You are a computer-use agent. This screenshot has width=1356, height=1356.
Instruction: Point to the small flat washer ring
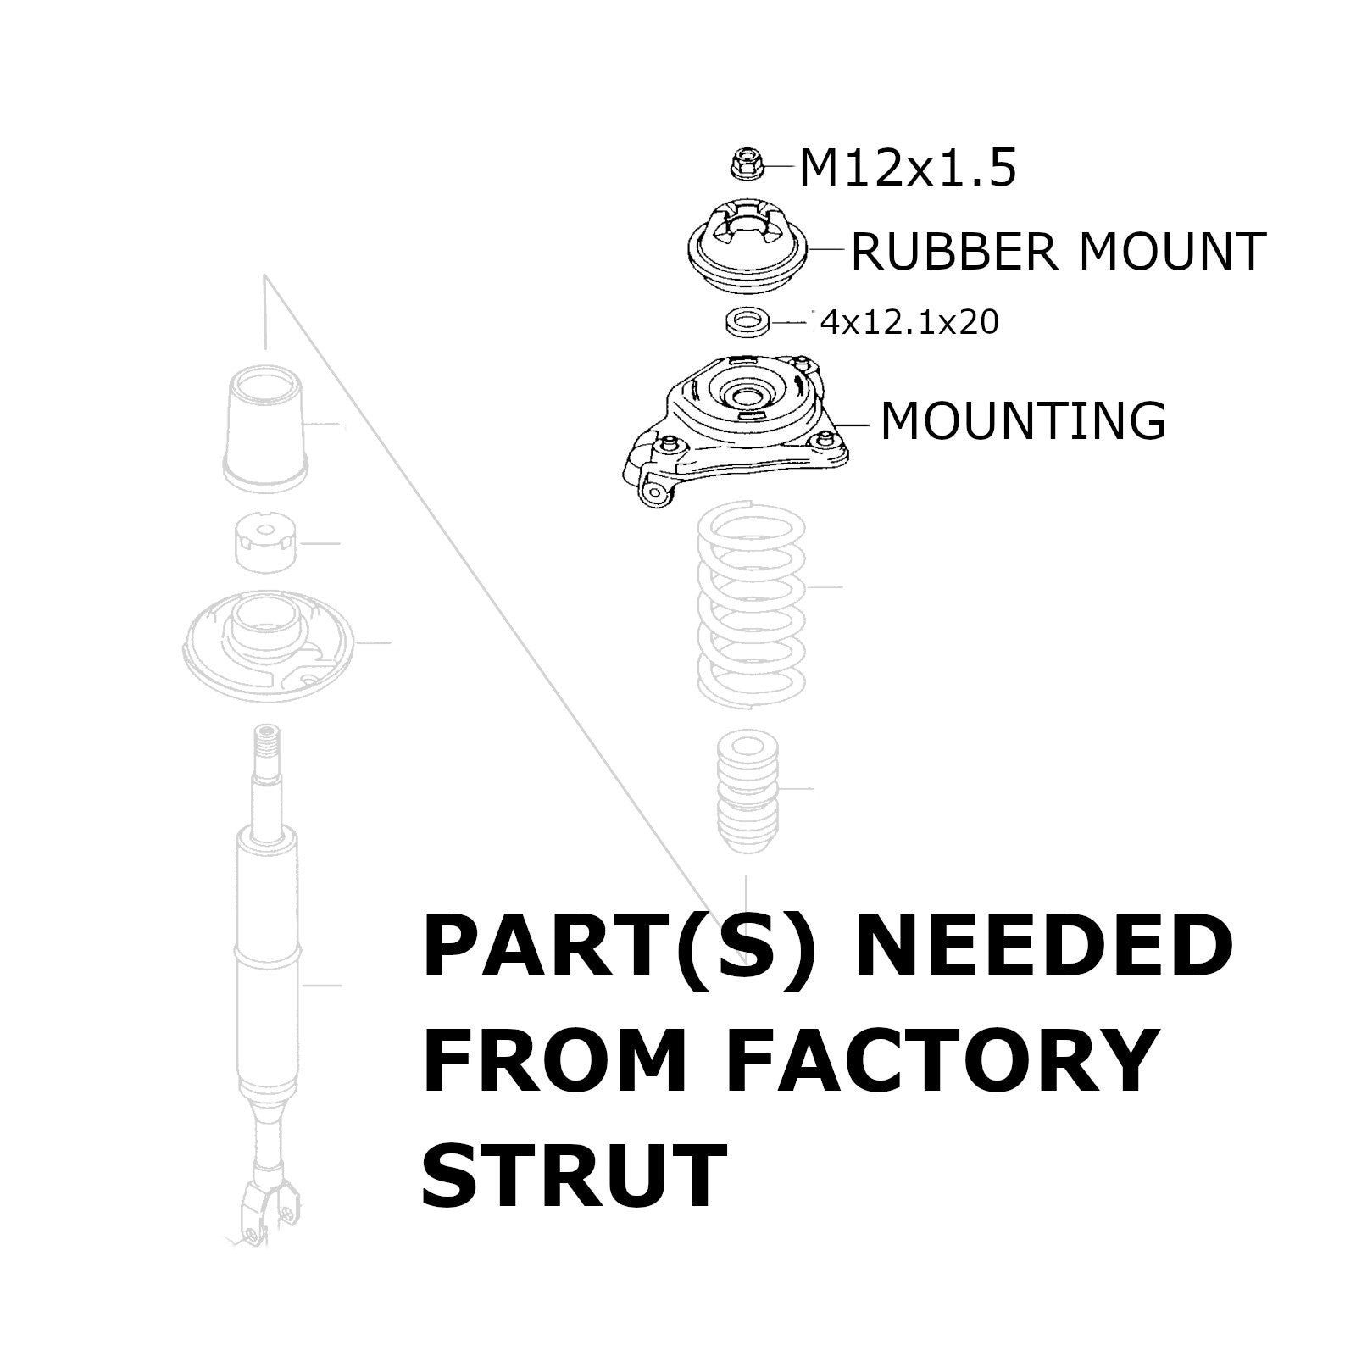745,321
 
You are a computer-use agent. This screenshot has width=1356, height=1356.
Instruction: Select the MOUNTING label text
1023,420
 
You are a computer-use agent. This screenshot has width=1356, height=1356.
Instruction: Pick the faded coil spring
750,602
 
